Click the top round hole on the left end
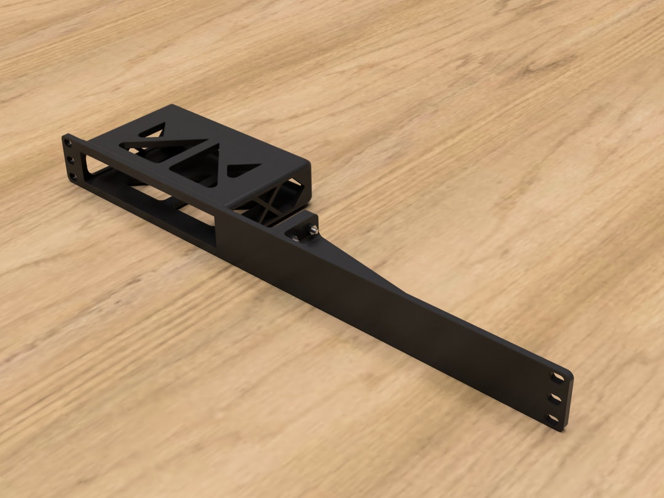point(68,143)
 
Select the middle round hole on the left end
point(70,160)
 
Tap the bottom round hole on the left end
point(73,176)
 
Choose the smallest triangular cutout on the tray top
point(243,168)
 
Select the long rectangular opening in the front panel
point(151,197)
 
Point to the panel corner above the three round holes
point(65,136)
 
